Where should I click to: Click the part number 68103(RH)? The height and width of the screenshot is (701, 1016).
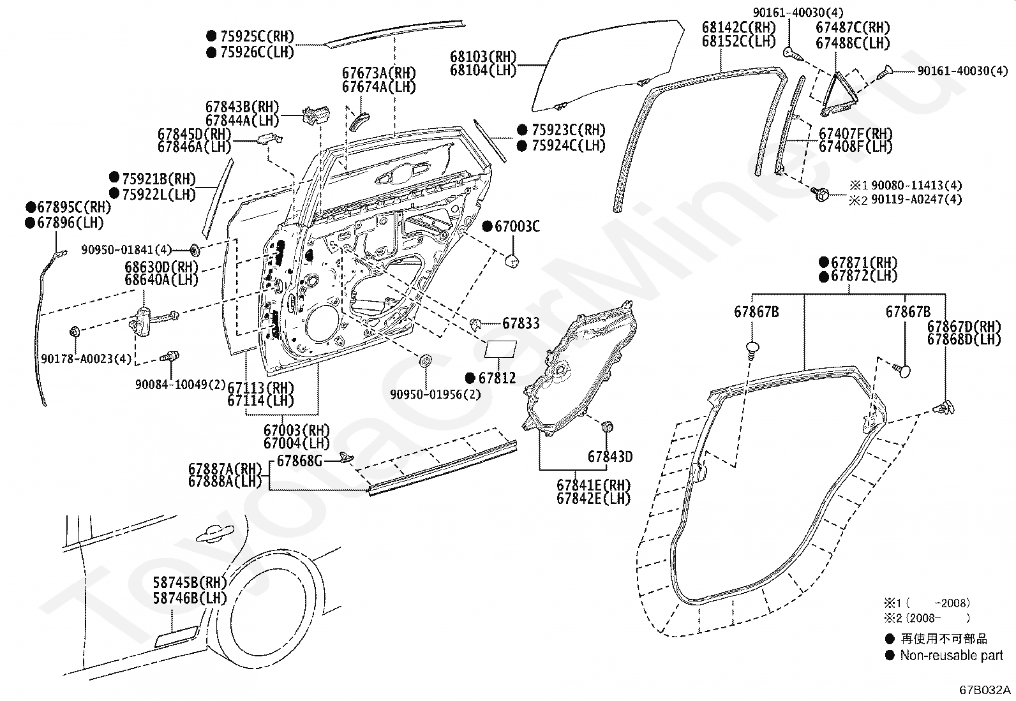coord(483,57)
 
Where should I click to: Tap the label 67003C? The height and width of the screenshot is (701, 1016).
coord(517,226)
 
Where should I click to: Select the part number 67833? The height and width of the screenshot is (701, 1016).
coord(521,323)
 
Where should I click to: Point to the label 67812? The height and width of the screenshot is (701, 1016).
coord(497,378)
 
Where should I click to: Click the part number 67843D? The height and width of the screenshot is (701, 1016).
coord(610,456)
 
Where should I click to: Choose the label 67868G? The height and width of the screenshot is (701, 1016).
coord(299,461)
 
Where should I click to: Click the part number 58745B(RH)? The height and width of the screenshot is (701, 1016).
coord(190,582)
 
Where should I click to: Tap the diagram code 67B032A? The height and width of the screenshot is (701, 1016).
coord(985,690)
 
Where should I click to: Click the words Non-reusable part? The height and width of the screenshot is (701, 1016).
coord(952,655)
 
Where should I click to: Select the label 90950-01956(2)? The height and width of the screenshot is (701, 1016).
coord(435,394)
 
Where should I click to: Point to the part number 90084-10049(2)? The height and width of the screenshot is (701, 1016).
coord(181,385)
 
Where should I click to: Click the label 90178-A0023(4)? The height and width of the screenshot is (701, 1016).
coord(86,359)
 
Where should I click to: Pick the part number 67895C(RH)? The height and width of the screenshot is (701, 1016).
coord(74,207)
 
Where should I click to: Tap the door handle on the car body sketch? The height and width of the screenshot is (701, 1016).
coord(214,534)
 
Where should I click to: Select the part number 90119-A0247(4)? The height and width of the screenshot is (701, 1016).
coord(916,200)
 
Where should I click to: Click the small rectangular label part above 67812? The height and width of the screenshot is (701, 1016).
coord(501,349)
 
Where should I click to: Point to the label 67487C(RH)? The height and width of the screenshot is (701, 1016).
coord(853,27)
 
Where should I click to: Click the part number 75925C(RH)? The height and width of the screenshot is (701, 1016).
coord(257,36)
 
